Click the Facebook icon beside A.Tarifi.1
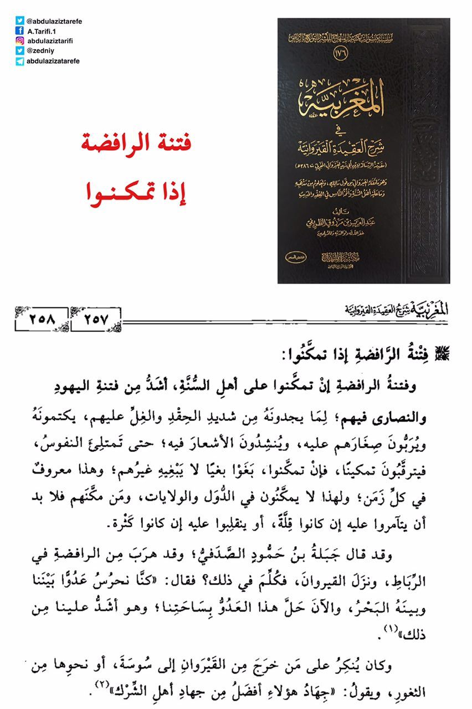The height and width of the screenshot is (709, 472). (x=20, y=31)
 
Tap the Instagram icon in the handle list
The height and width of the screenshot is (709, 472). (x=20, y=41)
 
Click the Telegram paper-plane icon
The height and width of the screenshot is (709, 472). (x=20, y=61)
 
